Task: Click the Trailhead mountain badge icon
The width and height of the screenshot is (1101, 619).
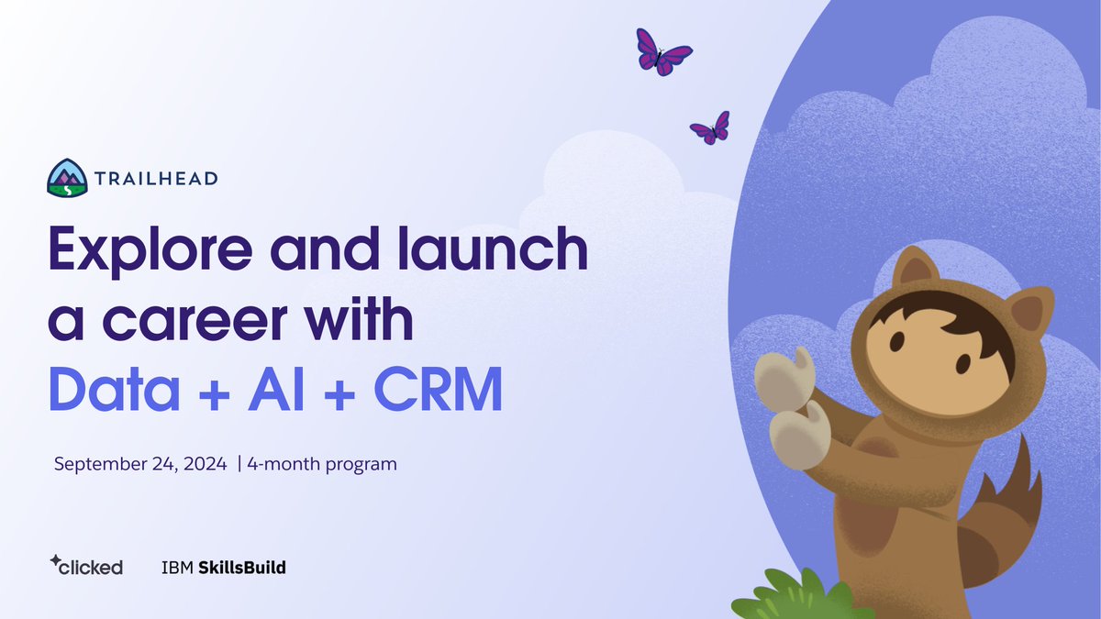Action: click(67, 177)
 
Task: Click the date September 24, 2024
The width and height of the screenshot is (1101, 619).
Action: click(140, 464)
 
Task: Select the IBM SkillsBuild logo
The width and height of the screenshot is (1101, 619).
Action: click(223, 568)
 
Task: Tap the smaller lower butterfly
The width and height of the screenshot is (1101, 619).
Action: click(710, 129)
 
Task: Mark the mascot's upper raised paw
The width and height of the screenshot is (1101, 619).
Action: click(784, 377)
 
